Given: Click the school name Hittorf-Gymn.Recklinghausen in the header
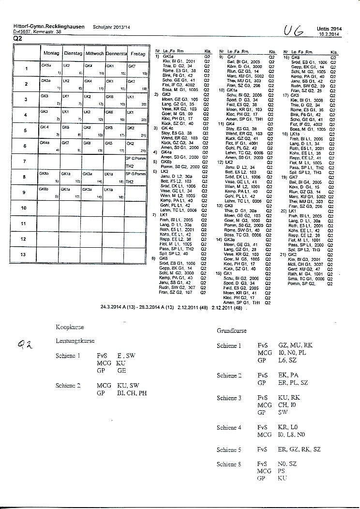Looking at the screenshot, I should click(49, 27).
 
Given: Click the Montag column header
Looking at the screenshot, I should click(52, 53).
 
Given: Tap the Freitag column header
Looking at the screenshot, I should click(138, 53).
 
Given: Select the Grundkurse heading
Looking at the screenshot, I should click(232, 331).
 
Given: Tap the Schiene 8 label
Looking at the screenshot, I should click(229, 464).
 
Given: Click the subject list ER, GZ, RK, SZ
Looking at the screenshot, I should click(299, 449).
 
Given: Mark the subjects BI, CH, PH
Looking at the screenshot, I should click(132, 393).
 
